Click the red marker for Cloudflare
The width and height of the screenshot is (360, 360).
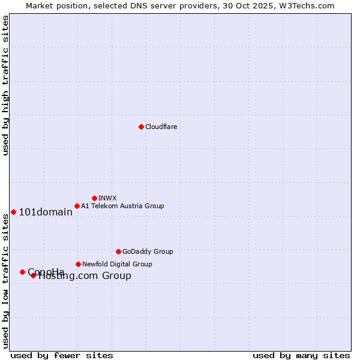click(141, 127)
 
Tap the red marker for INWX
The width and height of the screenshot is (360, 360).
click(94, 198)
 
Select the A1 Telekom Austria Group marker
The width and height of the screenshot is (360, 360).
click(77, 206)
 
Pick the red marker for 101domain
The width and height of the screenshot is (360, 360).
click(13, 212)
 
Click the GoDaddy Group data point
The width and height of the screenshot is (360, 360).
click(118, 251)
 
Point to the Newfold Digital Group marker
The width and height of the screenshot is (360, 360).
click(78, 264)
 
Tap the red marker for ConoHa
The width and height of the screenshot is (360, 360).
click(22, 272)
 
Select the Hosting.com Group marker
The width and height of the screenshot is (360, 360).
click(34, 275)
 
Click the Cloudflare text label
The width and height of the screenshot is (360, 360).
click(161, 127)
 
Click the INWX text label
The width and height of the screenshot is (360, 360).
click(107, 198)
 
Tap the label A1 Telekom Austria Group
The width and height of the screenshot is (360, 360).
click(122, 206)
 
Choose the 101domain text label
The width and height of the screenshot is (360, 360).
click(46, 212)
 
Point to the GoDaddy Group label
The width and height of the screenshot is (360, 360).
click(148, 251)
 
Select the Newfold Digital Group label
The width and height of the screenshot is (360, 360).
click(117, 264)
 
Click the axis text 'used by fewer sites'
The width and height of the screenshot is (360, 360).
click(62, 355)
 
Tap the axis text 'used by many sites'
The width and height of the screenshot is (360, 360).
click(301, 355)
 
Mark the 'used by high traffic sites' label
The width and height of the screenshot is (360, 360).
click(5, 85)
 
